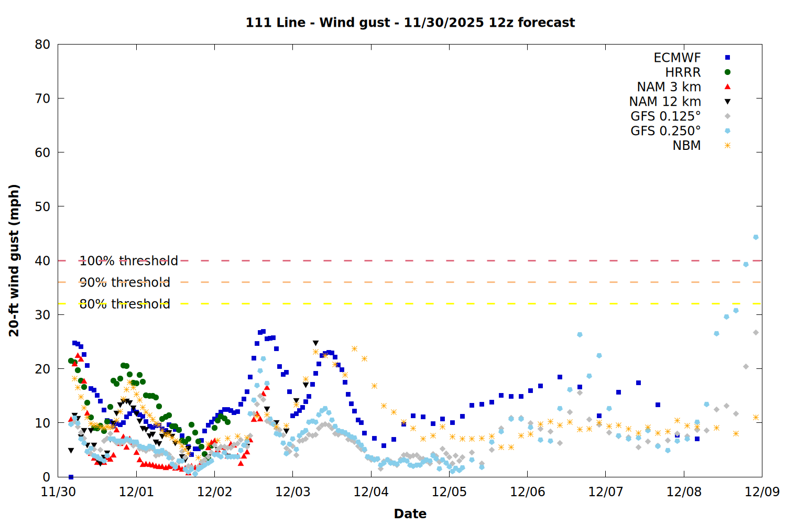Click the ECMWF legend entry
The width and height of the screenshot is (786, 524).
click(x=677, y=58)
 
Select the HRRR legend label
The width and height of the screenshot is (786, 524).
click(x=683, y=72)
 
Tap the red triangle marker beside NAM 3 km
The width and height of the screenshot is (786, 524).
click(x=727, y=87)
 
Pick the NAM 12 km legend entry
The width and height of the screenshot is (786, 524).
click(x=665, y=102)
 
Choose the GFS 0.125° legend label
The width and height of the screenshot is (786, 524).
click(x=665, y=116)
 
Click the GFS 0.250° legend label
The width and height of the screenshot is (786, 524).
click(x=665, y=131)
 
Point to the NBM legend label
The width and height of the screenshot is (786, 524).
click(x=686, y=146)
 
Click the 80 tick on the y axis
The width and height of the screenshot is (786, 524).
click(x=42, y=45)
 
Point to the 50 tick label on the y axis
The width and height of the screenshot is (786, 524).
click(x=42, y=206)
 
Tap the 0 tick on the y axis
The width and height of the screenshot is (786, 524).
click(x=46, y=477)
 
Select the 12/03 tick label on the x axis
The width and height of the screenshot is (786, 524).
click(x=292, y=492)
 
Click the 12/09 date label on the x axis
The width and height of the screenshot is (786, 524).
click(x=761, y=492)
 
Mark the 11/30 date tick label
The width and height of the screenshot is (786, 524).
click(x=58, y=492)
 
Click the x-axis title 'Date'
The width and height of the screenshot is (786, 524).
click(x=410, y=514)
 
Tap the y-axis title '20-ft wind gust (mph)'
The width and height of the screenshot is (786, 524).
click(x=14, y=260)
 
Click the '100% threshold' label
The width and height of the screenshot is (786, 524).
click(x=128, y=261)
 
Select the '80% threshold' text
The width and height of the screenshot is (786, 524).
click(x=125, y=304)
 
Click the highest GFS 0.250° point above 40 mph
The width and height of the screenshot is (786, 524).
click(x=756, y=237)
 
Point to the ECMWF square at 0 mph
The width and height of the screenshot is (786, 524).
click(x=71, y=477)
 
